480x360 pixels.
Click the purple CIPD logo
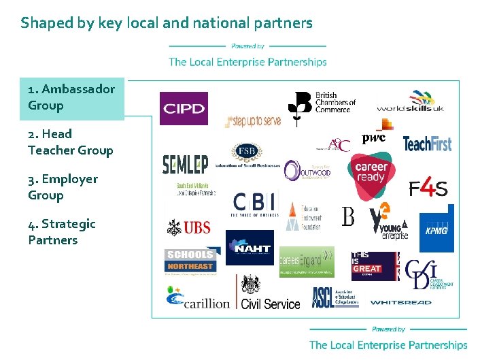[x=184, y=109]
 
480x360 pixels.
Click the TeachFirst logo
[x=427, y=144]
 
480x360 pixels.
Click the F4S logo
[x=428, y=188]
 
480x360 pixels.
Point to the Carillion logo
[x=198, y=299]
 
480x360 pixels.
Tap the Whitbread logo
[x=400, y=302]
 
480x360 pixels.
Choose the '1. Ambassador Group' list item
[x=71, y=97]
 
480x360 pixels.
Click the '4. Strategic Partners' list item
[x=62, y=231]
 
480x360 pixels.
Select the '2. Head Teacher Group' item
[x=70, y=142]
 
